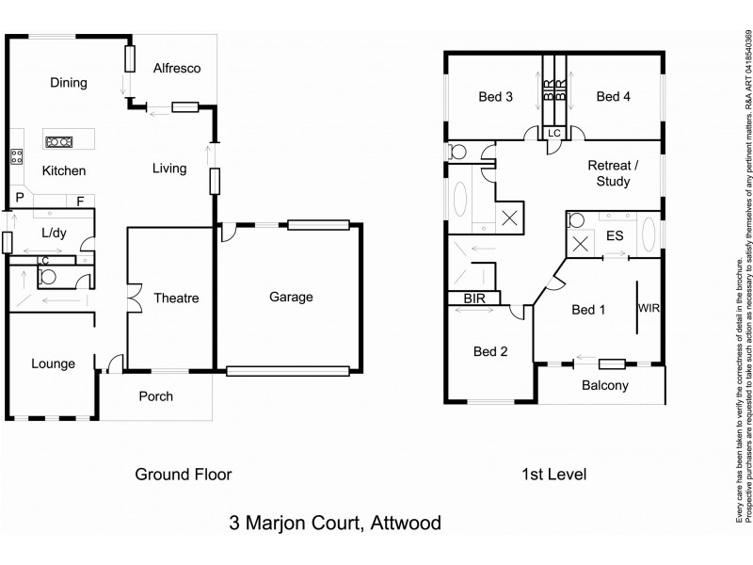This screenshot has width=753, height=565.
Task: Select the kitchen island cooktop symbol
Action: pyautogui.click(x=58, y=142)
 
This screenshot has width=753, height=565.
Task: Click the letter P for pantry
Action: pyautogui.click(x=19, y=199)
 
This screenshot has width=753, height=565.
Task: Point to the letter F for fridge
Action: pyautogui.click(x=81, y=200)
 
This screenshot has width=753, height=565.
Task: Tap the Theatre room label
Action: pyautogui.click(x=176, y=299)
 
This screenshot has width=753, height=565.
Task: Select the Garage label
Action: pyautogui.click(x=291, y=297)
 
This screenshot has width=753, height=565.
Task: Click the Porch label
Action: pyautogui.click(x=155, y=396)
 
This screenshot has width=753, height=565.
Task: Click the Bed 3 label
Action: pyautogui.click(x=495, y=96)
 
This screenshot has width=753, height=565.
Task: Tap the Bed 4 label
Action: pyautogui.click(x=614, y=96)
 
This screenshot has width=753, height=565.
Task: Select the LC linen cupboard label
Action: pyautogui.click(x=554, y=133)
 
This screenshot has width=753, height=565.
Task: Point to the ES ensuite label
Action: pyautogui.click(x=616, y=237)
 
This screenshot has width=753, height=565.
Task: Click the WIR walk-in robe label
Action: pyautogui.click(x=649, y=308)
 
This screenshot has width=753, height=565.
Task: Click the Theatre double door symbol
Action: pyautogui.click(x=133, y=299)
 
